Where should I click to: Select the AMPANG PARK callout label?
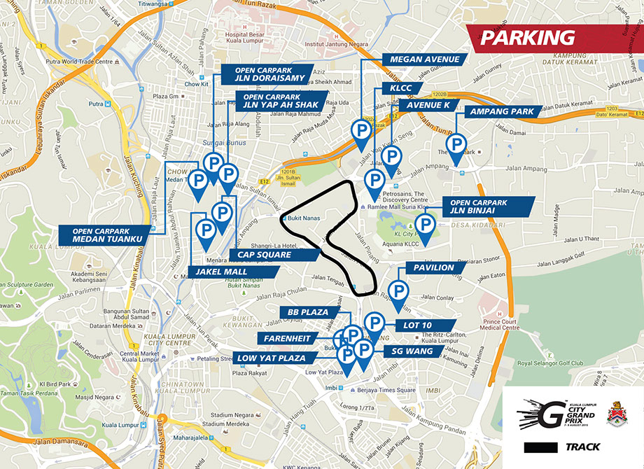click(x=502, y=111)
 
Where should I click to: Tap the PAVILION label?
click(x=435, y=267)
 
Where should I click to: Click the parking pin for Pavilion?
click(x=399, y=291)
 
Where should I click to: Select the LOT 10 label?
click(x=419, y=325)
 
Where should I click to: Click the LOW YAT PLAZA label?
click(x=272, y=358)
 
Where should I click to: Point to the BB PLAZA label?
click(x=303, y=311)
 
